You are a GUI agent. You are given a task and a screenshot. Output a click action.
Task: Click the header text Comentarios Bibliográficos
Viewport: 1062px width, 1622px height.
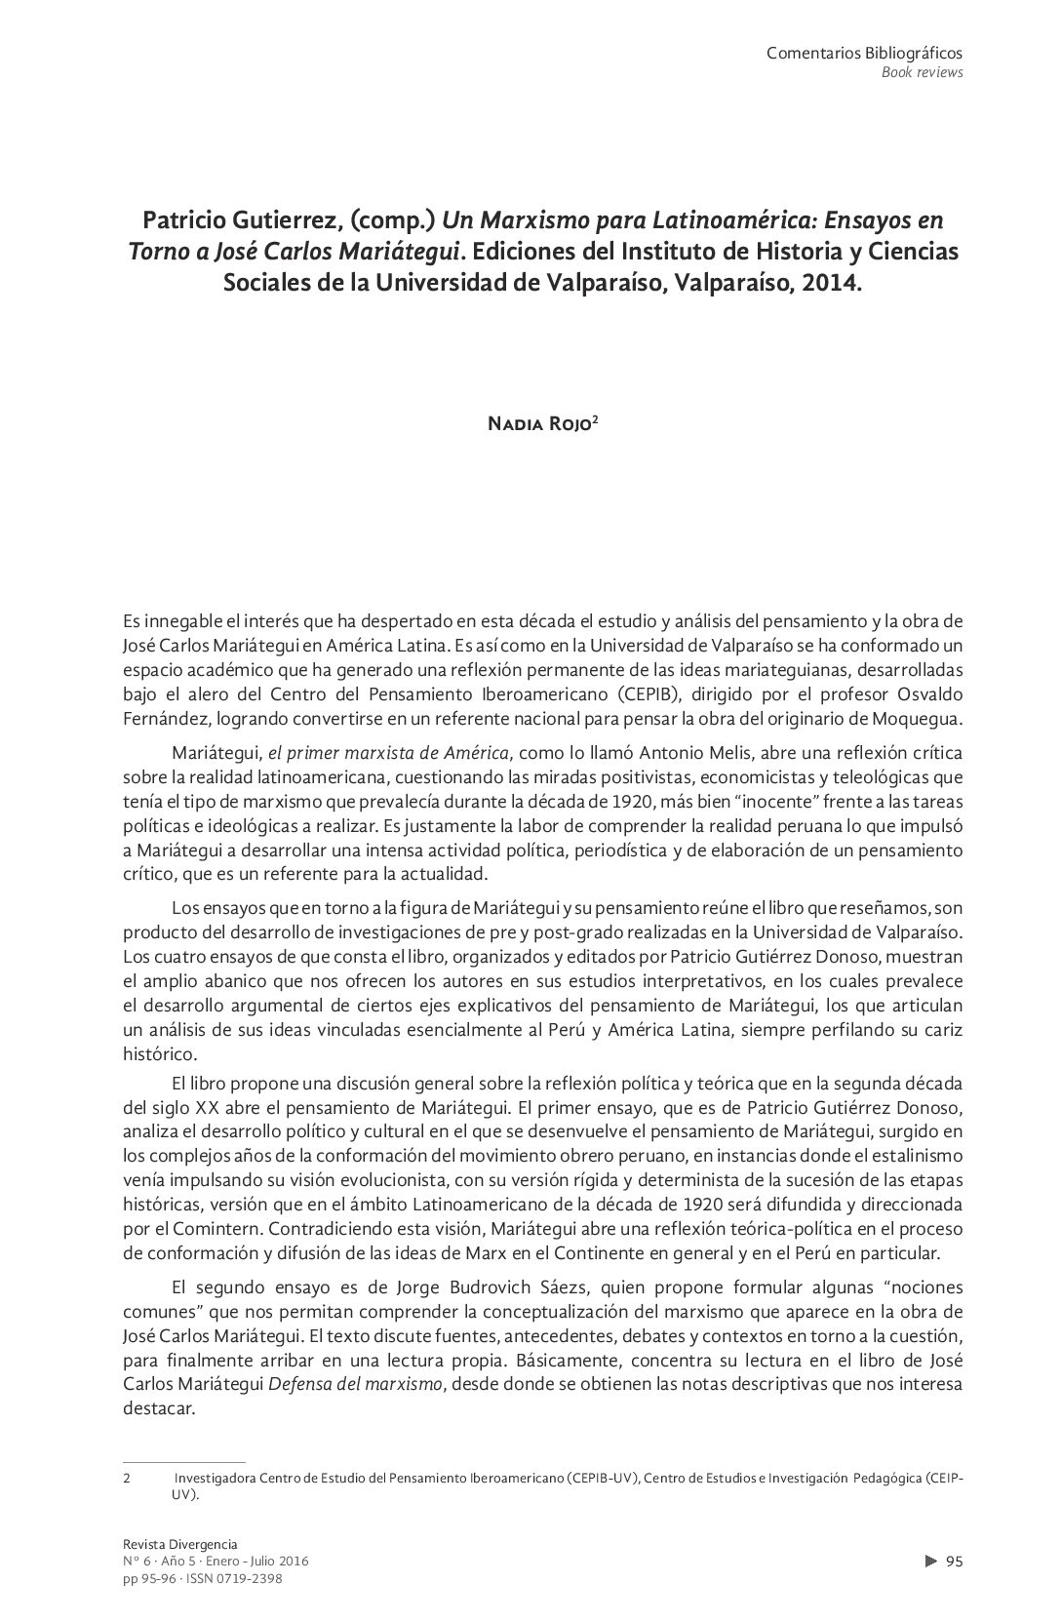coord(864,54)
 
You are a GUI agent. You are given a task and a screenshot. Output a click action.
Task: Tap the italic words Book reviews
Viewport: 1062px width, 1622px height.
coord(922,72)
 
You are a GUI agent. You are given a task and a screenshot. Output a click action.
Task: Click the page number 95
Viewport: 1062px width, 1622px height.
coord(955,1562)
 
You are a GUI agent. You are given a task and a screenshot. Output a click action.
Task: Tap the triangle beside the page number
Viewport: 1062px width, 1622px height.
coord(930,1562)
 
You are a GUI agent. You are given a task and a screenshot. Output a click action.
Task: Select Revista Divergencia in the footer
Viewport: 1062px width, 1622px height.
coord(180,1544)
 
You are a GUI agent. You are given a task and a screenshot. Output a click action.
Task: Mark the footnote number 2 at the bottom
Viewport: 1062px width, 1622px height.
coord(128,1478)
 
